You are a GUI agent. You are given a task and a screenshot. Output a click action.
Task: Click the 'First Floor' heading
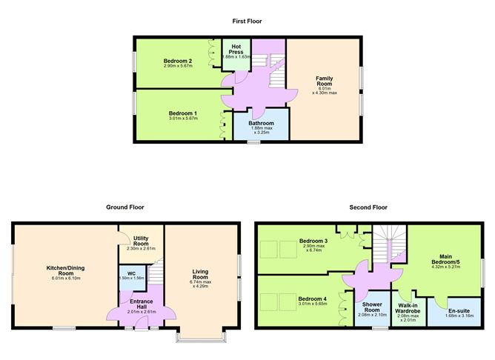point(247,21)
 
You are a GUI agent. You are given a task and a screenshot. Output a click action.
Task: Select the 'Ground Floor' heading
point(125,208)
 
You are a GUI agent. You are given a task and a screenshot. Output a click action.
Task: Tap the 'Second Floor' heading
point(370,208)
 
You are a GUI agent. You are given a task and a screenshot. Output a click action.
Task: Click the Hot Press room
point(236,51)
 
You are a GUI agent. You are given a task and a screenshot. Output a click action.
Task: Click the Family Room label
point(324,78)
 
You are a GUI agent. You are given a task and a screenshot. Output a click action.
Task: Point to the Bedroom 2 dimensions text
point(178,65)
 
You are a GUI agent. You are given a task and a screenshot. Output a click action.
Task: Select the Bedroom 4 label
point(313,299)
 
